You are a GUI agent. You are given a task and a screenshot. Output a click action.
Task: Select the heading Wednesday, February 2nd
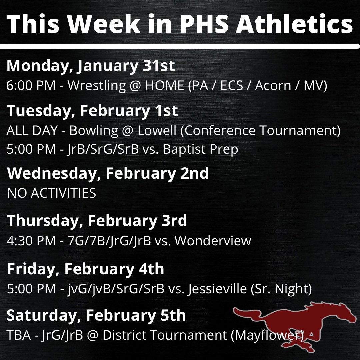click(108, 174)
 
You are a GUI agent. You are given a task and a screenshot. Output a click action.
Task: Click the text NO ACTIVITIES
click(52, 193)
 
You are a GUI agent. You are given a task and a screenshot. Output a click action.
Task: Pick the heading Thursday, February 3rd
click(97, 221)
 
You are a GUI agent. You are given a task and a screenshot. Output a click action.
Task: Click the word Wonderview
click(213, 241)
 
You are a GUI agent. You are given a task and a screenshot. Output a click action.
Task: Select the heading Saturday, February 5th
click(96, 316)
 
